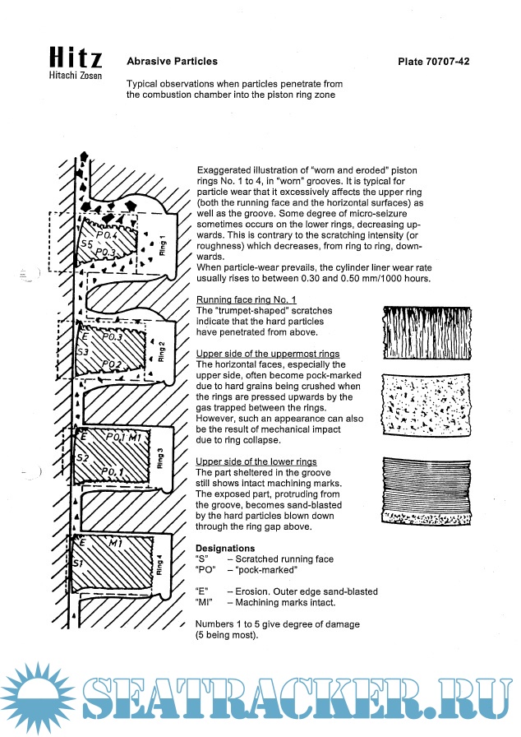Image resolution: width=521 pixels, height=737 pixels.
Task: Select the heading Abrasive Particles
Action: (172, 61)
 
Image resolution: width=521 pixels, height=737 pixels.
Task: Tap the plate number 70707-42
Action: (433, 62)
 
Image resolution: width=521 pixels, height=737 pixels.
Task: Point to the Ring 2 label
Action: (162, 351)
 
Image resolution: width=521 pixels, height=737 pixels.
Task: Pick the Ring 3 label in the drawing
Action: (159, 458)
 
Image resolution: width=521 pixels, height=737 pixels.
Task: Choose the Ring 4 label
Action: (159, 564)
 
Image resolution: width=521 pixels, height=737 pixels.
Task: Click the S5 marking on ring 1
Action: (85, 245)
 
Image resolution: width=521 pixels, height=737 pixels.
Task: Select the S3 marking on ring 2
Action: (82, 351)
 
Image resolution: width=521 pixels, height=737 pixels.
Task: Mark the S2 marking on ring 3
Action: (82, 457)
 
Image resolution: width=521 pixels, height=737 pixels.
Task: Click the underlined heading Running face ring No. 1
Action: (247, 300)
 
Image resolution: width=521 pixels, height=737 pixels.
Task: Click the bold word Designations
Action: (224, 548)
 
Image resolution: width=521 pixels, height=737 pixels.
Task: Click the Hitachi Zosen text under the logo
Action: (76, 76)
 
